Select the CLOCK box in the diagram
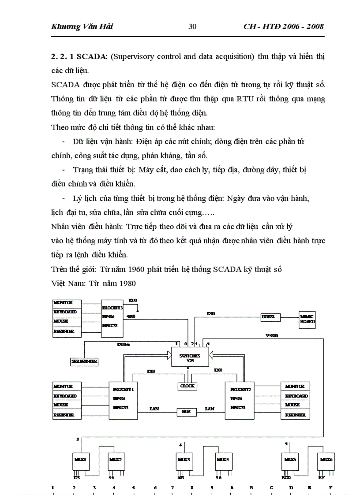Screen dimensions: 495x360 [187, 386]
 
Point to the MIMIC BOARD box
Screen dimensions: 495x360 [307, 319]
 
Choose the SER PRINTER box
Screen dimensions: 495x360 [84, 361]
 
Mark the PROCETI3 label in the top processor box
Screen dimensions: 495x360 [112, 308]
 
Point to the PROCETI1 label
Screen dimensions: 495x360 [123, 390]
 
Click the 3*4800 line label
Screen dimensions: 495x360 [271, 336]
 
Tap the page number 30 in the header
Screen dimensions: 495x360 [192, 26]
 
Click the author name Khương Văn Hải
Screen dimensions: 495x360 [82, 26]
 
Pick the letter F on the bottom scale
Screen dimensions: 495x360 [330, 488]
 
